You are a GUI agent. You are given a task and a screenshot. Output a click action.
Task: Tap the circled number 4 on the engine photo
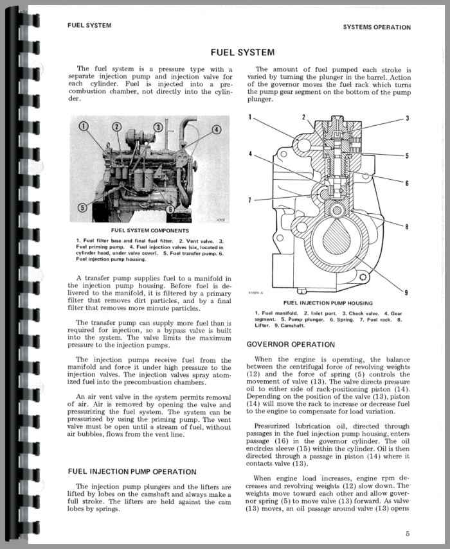[x=216, y=129]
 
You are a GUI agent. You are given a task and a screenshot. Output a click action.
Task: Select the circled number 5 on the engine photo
[x=82, y=207]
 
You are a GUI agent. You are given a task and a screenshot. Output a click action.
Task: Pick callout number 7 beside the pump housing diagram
[x=250, y=200]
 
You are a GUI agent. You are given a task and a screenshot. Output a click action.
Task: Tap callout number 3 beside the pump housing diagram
[x=406, y=118]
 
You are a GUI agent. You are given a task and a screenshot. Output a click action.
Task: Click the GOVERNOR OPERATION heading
[x=291, y=345]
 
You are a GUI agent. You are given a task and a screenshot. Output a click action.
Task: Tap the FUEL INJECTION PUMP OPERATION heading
[x=132, y=471]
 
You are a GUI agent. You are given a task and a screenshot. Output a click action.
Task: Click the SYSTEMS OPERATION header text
[x=376, y=27]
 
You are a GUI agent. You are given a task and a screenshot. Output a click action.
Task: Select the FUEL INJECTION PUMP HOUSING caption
[x=327, y=302]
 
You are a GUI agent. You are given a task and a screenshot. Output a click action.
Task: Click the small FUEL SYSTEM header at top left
[x=89, y=26]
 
